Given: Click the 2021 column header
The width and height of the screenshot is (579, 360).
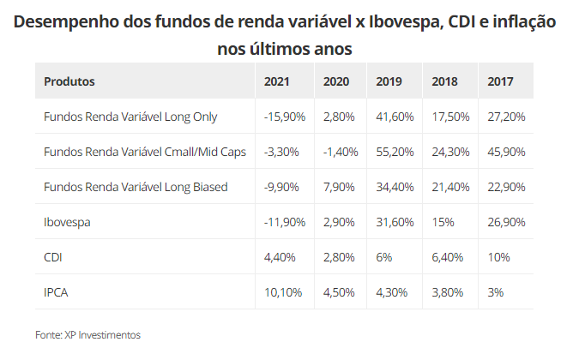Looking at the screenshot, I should pos(277,81).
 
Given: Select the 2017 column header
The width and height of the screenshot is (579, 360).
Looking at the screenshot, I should pos(500,81).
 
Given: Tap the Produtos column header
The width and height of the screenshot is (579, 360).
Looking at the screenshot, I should pos(69,81).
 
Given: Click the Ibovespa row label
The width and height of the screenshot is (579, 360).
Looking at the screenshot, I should pos(68,221).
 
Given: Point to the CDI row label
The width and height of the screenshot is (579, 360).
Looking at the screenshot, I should pos(52,256).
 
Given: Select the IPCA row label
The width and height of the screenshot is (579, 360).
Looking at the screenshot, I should pos(56,291).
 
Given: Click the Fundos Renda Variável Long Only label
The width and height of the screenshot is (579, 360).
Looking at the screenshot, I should pos(130,117).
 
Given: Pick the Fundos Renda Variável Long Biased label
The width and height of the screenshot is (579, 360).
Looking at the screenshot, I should pos(136,186).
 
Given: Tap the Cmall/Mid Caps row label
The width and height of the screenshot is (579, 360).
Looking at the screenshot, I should pos(145,152).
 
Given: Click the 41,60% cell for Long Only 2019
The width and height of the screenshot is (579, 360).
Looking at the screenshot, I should pos(395,117).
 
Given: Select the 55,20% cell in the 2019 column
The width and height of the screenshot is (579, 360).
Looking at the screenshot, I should pos(395,152).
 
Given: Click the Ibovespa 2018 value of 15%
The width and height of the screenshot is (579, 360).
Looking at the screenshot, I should pos(443,221).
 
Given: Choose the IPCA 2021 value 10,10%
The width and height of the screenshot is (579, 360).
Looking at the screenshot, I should pos(283,291).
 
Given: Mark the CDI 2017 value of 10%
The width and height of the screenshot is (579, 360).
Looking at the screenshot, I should pos(498,256).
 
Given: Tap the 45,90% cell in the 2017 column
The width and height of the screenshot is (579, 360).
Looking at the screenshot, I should pos(506,152).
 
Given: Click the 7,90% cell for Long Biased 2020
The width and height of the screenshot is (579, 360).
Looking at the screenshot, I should pos(339,186).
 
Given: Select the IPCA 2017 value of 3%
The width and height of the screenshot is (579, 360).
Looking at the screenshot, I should pos(495,291).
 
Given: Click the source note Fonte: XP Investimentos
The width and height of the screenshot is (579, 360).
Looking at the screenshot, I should pos(87,334).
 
